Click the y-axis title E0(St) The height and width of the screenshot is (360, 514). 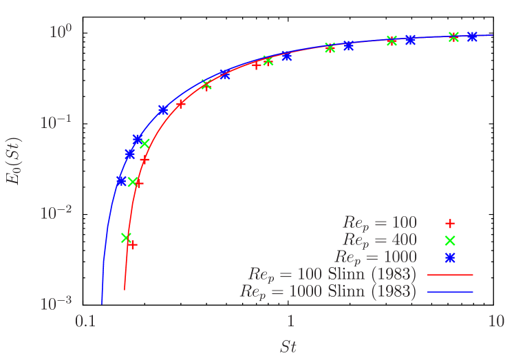pyautogui.click(x=14, y=161)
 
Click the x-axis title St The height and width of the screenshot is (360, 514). pyautogui.click(x=288, y=346)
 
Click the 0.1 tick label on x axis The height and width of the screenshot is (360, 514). pyautogui.click(x=85, y=321)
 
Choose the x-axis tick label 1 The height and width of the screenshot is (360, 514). pyautogui.click(x=290, y=321)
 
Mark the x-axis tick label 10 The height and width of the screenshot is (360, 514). pyautogui.click(x=495, y=321)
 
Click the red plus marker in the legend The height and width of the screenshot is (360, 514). pyautogui.click(x=450, y=223)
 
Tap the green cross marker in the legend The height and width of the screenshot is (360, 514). pyautogui.click(x=450, y=240)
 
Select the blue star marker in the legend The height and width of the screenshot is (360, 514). pyautogui.click(x=450, y=257)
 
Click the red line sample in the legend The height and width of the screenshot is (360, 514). pyautogui.click(x=450, y=275)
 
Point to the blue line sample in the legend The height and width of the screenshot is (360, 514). pyautogui.click(x=450, y=292)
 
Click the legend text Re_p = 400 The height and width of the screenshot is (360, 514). pyautogui.click(x=380, y=240)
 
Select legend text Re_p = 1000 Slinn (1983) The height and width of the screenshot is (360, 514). pyautogui.click(x=328, y=292)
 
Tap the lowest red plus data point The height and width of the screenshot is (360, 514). pyautogui.click(x=132, y=245)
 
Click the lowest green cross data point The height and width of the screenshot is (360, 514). pyautogui.click(x=126, y=237)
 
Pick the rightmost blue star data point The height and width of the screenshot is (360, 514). pyautogui.click(x=473, y=36)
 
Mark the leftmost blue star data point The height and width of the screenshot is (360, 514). pyautogui.click(x=121, y=181)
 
